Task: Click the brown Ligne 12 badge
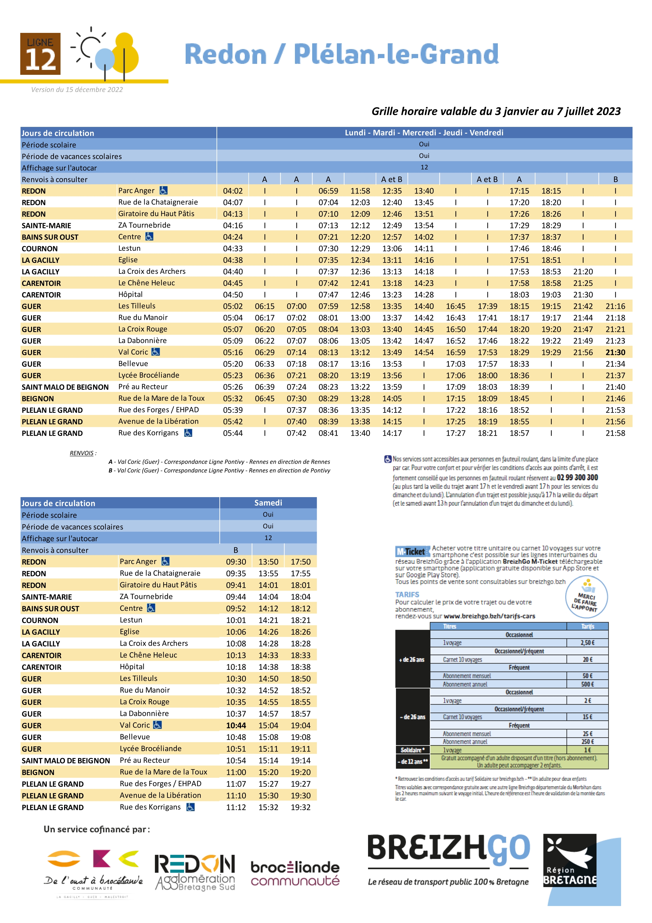pos(40,54)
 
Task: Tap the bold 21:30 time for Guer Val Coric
pos(615,352)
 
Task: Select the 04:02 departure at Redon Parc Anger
pos(233,191)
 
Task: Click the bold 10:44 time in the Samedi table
pos(236,726)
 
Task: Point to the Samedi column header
pos(268,503)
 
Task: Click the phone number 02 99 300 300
pos(577,478)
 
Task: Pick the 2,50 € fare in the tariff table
pos(587,643)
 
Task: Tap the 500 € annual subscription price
pos(587,684)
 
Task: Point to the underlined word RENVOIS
pos(82,453)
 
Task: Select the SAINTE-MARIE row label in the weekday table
pos(46,226)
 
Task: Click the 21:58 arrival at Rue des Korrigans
pos(615,433)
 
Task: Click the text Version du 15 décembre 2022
pos(77,90)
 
